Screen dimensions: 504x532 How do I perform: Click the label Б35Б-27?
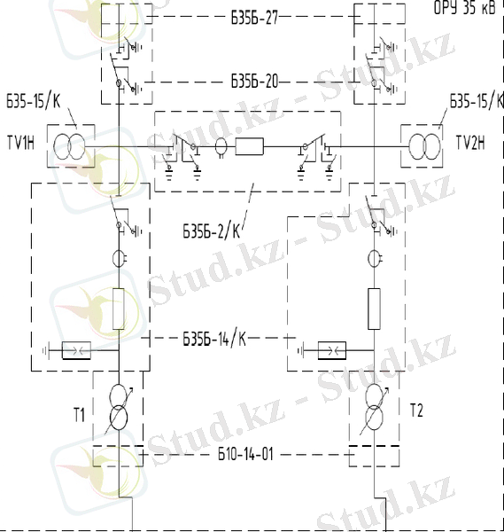pos(254,18)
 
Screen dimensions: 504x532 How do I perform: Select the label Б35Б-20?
pos(254,81)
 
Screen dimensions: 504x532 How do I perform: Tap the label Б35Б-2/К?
pos(212,231)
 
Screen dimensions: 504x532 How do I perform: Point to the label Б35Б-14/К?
pos(214,339)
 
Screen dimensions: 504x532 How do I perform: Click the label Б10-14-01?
pos(245,454)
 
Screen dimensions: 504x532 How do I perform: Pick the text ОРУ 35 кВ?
pos(464,7)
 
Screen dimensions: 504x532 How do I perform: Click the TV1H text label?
pos(20,142)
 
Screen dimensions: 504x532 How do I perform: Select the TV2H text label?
pos(470,142)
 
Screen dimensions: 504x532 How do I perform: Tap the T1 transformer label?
pos(80,415)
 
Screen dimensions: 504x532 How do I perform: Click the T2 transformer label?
pos(416,410)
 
